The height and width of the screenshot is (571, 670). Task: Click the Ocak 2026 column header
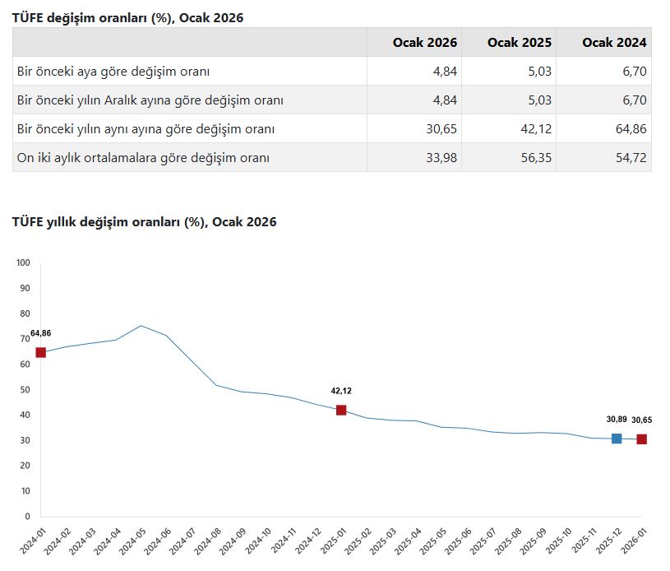pyautogui.click(x=425, y=42)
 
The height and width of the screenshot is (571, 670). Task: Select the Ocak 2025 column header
pyautogui.click(x=520, y=42)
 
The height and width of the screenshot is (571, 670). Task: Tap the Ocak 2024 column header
pyautogui.click(x=614, y=42)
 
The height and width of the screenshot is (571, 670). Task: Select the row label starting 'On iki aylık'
pyautogui.click(x=143, y=157)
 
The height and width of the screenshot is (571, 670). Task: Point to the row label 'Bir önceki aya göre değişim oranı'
pyautogui.click(x=118, y=72)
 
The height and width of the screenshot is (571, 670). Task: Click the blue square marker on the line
pyautogui.click(x=617, y=439)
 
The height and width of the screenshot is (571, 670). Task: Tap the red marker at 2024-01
pyautogui.click(x=41, y=352)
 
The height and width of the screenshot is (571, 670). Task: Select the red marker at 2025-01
pyautogui.click(x=341, y=410)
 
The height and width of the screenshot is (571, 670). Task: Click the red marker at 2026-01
pyautogui.click(x=641, y=439)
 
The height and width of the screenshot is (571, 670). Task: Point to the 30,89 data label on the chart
pyautogui.click(x=617, y=420)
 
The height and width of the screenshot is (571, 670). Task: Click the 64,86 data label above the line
pyautogui.click(x=41, y=333)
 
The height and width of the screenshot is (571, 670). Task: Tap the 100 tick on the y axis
pyautogui.click(x=23, y=263)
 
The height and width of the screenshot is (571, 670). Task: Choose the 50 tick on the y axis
pyautogui.click(x=25, y=390)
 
